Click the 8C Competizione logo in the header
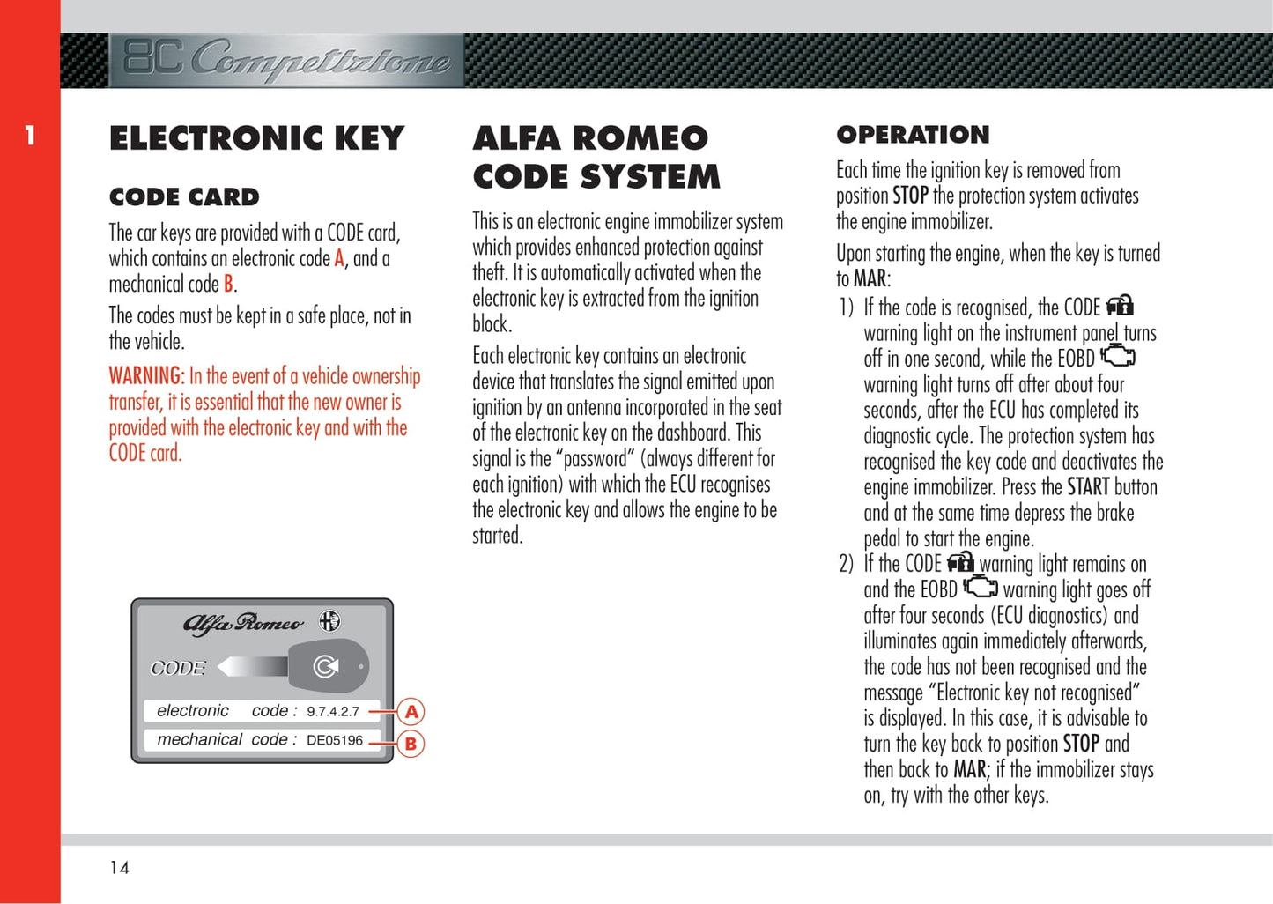[286, 60]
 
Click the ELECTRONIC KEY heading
[256, 138]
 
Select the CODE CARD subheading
[184, 196]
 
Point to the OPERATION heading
[913, 135]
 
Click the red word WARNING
[146, 376]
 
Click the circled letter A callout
[411, 712]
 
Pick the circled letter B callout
[411, 744]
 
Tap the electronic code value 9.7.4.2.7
[333, 711]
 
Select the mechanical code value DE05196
[335, 740]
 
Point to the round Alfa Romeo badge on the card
[329, 621]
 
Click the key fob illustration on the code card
[328, 666]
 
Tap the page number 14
[119, 868]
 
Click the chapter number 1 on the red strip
[30, 136]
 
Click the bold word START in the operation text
[1088, 487]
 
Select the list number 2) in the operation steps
[846, 564]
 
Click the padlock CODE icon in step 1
[1120, 306]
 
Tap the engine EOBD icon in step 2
[980, 587]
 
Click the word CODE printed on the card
[178, 668]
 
